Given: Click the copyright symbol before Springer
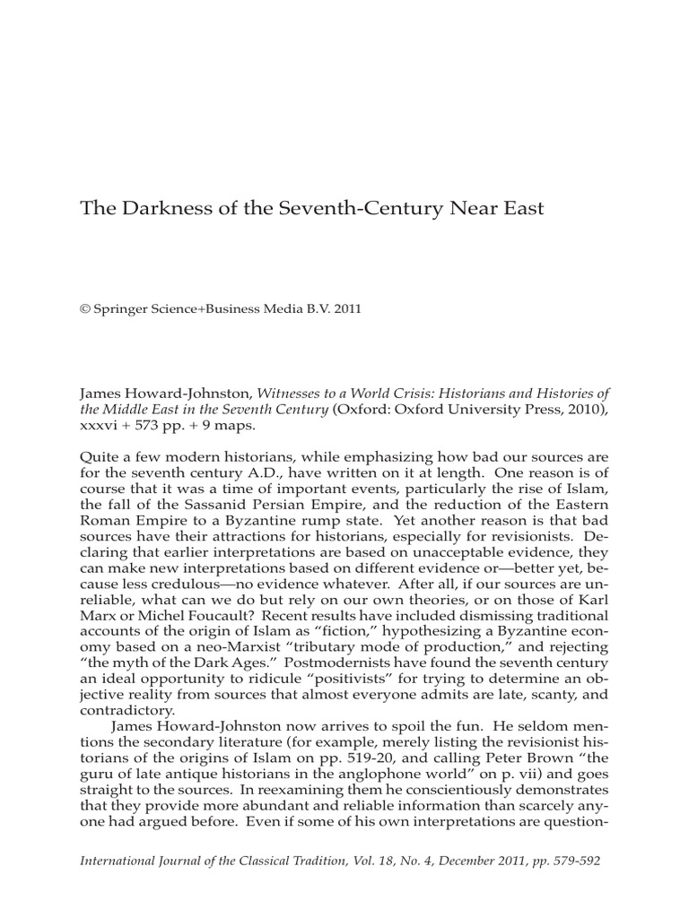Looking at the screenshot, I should (85, 307).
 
